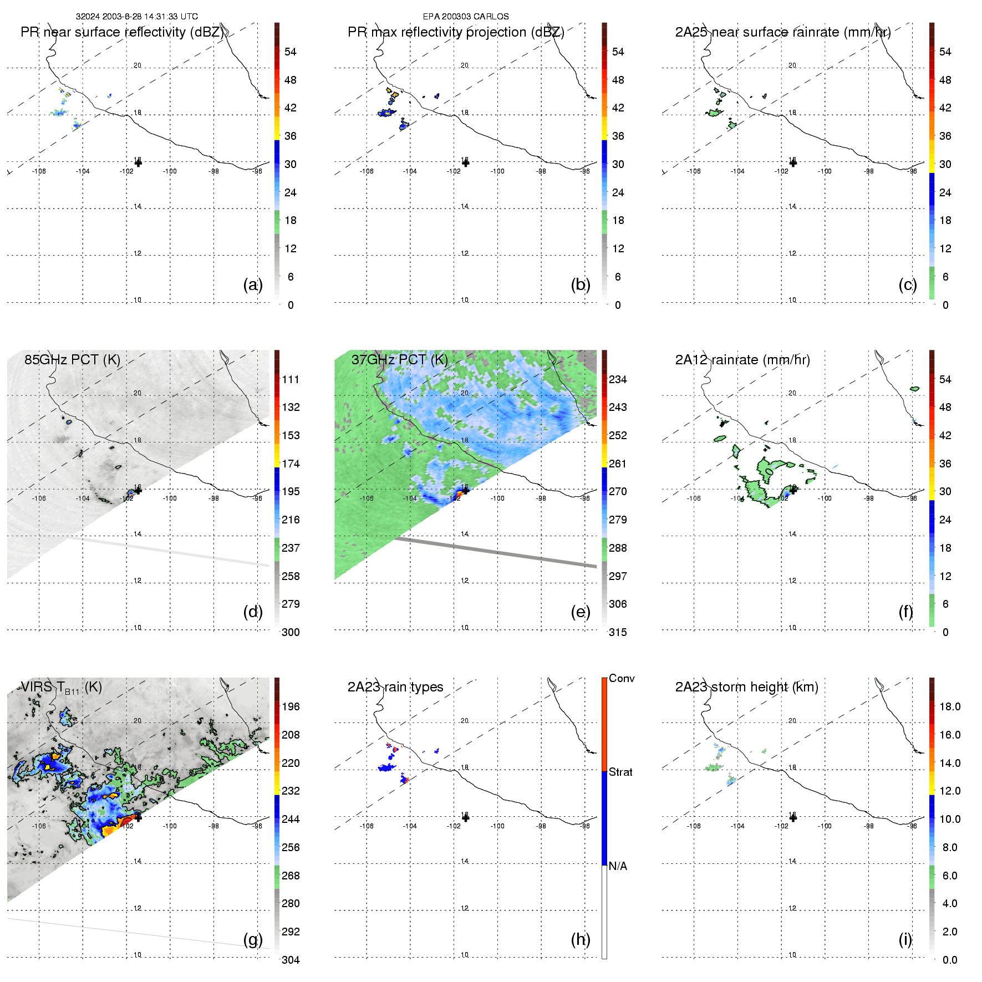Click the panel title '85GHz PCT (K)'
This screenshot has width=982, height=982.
click(x=72, y=359)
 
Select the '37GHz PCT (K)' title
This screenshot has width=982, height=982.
click(x=399, y=359)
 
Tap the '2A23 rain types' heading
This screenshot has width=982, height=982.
click(x=395, y=687)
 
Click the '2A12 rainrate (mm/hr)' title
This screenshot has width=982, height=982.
click(x=742, y=359)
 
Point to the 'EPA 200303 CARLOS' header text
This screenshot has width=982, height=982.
click(x=466, y=17)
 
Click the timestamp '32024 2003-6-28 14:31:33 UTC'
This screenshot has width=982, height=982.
click(x=137, y=17)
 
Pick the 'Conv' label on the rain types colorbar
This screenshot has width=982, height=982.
click(x=622, y=678)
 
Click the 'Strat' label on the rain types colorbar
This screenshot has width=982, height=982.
click(x=620, y=772)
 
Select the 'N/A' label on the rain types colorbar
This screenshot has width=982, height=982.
click(x=618, y=866)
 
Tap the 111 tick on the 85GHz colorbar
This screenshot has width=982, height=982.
click(x=291, y=379)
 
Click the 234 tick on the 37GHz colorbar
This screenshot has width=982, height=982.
click(x=618, y=379)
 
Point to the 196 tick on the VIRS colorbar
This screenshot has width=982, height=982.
click(x=291, y=706)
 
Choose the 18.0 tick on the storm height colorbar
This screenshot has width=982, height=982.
click(x=950, y=706)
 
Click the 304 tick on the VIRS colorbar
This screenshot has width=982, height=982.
click(x=291, y=960)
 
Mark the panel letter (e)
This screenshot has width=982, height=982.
click(x=581, y=612)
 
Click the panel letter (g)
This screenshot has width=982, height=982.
click(x=253, y=939)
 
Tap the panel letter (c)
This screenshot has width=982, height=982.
click(x=908, y=284)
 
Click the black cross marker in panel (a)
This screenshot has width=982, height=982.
click(x=138, y=162)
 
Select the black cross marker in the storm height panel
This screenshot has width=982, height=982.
click(x=793, y=818)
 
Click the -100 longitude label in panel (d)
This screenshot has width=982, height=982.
click(x=170, y=498)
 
